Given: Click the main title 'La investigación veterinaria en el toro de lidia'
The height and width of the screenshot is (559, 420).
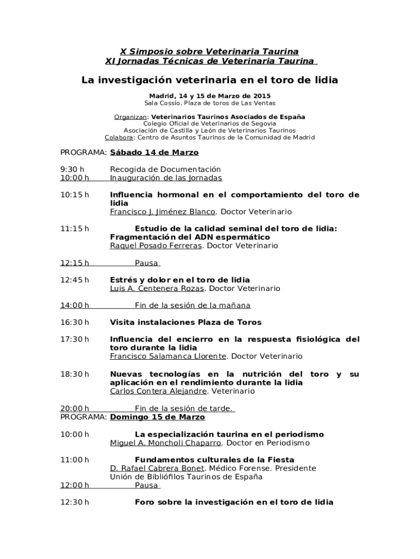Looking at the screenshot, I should click(209, 80).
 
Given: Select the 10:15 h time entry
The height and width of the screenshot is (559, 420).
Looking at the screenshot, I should click(74, 195).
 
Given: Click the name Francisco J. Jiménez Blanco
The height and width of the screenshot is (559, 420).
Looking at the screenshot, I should click(163, 212).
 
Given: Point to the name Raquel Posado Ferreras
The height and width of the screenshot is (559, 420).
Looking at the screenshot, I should click(156, 246).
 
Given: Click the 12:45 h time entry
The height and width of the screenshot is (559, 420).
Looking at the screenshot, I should click(74, 280).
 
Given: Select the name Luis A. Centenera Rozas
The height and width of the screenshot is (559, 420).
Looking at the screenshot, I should click(157, 288).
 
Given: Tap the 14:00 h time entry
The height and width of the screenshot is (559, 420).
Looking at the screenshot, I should click(74, 306).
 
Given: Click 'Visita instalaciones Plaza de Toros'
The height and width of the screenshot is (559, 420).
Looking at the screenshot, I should click(185, 323).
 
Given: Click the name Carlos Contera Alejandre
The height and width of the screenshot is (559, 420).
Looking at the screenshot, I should click(158, 391).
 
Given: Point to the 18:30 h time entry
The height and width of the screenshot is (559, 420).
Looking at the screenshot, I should click(74, 374).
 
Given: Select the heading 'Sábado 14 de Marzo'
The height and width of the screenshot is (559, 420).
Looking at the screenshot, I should click(154, 152).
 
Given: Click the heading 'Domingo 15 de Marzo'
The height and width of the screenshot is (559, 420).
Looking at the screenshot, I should click(158, 417).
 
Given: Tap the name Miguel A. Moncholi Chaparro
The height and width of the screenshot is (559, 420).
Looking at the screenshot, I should click(166, 443).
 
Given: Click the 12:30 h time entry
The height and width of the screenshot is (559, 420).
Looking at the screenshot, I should click(74, 502).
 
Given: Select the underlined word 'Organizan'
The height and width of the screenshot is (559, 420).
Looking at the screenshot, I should click(130, 117).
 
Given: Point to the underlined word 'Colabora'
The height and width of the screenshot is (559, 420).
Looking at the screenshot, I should click(118, 138).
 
